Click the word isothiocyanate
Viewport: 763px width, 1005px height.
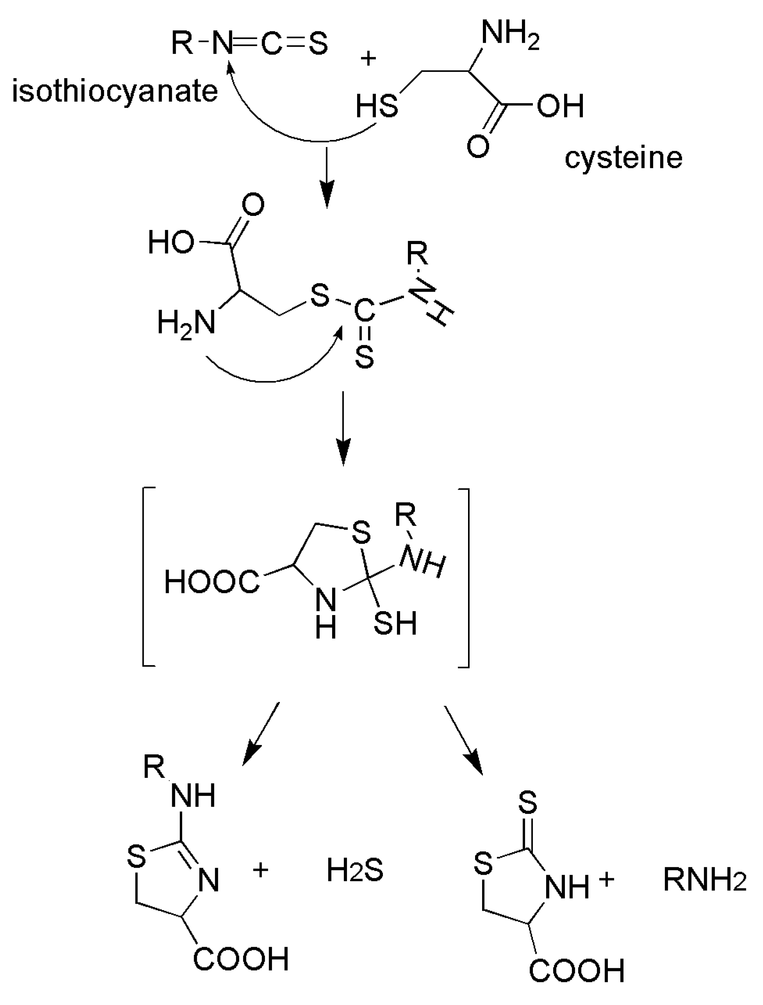point(115,92)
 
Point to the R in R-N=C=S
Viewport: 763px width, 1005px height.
point(182,44)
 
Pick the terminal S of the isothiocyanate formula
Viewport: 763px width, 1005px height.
point(318,44)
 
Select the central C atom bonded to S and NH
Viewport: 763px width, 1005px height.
point(364,312)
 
